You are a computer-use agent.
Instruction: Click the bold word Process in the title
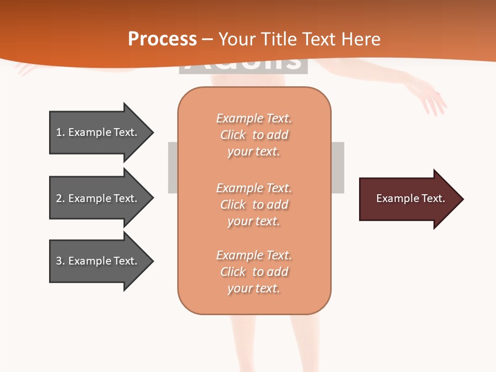162,39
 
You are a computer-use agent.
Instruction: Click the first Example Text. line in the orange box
254,119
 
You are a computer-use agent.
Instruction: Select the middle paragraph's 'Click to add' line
254,205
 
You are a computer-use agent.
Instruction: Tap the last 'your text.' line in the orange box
254,288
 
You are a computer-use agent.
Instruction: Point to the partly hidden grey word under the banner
243,65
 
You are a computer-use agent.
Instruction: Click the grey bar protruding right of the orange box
337,167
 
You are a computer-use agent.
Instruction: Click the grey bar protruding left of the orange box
173,167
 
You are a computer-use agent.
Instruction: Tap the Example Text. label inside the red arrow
410,198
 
